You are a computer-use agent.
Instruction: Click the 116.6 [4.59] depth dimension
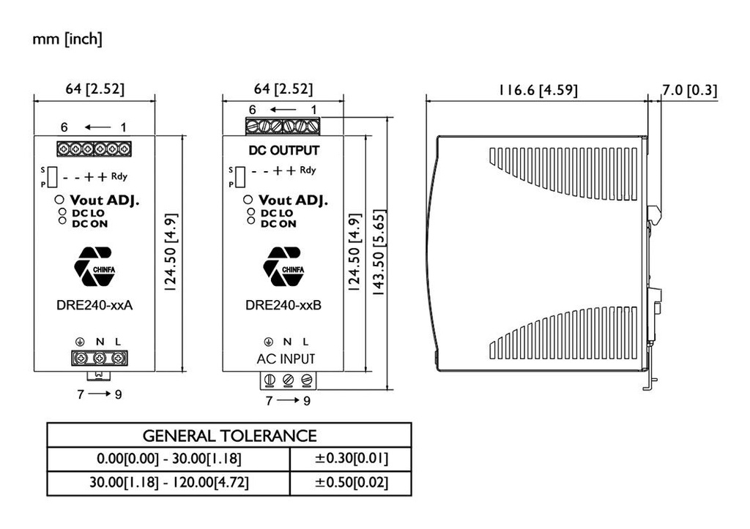pyautogui.click(x=538, y=91)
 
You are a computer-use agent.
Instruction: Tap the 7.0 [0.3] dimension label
pyautogui.click(x=689, y=91)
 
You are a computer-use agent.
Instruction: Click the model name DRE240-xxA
pyautogui.click(x=94, y=307)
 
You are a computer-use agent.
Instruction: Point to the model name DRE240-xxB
pyautogui.click(x=283, y=307)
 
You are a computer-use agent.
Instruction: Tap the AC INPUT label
pyautogui.click(x=286, y=359)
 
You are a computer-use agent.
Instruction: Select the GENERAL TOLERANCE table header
pyautogui.click(x=229, y=436)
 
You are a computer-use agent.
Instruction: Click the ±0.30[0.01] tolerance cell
pyautogui.click(x=350, y=459)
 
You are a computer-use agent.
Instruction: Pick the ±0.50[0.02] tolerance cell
pyautogui.click(x=350, y=484)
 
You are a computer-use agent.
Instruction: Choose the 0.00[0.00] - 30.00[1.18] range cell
pyautogui.click(x=168, y=459)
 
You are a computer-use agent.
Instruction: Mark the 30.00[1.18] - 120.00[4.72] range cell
pyautogui.click(x=168, y=484)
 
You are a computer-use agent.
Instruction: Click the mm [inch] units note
pyautogui.click(x=67, y=40)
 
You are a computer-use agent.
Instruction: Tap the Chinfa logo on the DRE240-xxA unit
pyautogui.click(x=94, y=266)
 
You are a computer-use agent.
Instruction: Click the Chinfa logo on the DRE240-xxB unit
pyautogui.click(x=283, y=266)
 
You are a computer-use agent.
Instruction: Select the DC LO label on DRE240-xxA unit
pyautogui.click(x=89, y=213)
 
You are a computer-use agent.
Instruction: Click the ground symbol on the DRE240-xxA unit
pyautogui.click(x=81, y=342)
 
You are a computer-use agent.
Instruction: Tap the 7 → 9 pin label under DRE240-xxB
pyautogui.click(x=287, y=401)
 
